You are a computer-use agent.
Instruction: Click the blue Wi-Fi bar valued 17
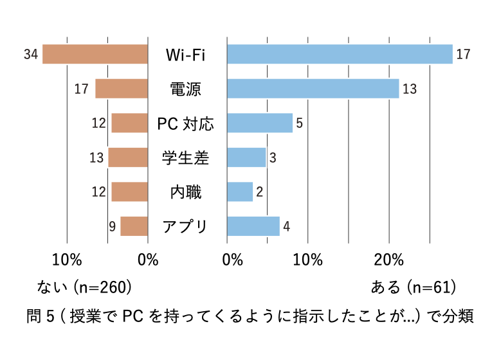click(x=340, y=55)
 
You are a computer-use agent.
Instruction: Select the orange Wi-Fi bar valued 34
click(x=95, y=55)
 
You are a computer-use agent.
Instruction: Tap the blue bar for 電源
click(x=313, y=89)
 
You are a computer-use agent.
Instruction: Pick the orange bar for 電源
click(x=122, y=89)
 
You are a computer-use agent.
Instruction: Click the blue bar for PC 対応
click(x=260, y=123)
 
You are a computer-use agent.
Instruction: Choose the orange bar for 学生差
click(x=128, y=157)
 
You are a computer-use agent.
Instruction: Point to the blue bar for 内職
click(x=240, y=192)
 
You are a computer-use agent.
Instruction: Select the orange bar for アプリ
click(x=134, y=226)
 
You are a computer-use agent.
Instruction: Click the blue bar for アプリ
click(x=253, y=226)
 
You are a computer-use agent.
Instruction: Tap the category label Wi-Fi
click(x=186, y=55)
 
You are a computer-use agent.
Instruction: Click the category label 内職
click(x=186, y=192)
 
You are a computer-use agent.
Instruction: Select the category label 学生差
click(x=186, y=157)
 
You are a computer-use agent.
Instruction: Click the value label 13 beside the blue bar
click(x=410, y=89)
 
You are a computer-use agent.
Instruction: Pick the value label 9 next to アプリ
click(x=112, y=227)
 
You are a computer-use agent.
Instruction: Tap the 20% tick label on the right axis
click(x=388, y=260)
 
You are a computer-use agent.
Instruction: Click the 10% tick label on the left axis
click(x=67, y=260)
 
